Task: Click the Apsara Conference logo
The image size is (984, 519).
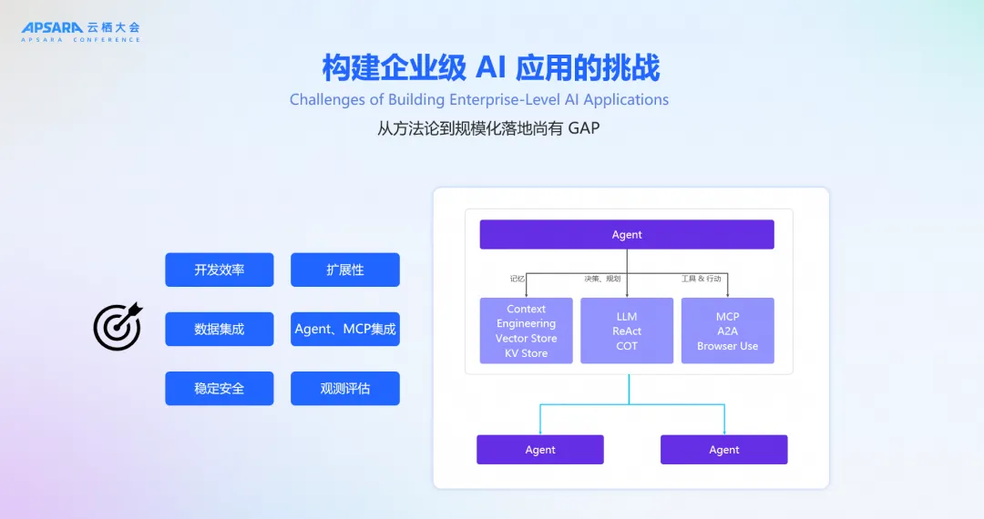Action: [81, 32]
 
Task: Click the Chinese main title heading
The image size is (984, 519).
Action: [491, 67]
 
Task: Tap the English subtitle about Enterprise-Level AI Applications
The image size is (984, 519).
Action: [479, 99]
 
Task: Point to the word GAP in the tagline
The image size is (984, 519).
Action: [583, 128]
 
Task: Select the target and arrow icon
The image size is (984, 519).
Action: [118, 326]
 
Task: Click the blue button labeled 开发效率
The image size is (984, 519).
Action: [220, 270]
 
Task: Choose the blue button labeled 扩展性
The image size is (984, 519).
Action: [345, 270]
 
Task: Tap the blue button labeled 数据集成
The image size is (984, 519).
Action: [220, 329]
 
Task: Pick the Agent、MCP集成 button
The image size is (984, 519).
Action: [345, 329]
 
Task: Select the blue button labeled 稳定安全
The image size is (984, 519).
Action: [220, 388]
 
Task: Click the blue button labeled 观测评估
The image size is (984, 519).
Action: [345, 388]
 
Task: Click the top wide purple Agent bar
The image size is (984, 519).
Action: [627, 234]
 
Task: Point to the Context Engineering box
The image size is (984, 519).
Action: [526, 331]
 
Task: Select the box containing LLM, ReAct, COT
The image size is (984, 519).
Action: [627, 331]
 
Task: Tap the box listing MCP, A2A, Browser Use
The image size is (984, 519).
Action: [727, 331]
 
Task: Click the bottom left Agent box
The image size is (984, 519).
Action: [540, 449]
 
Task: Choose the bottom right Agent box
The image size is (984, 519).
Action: [724, 449]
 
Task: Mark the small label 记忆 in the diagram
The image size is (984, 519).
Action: [518, 279]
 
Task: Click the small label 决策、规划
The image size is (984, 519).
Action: [602, 279]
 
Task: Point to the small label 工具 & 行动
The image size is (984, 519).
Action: [707, 279]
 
